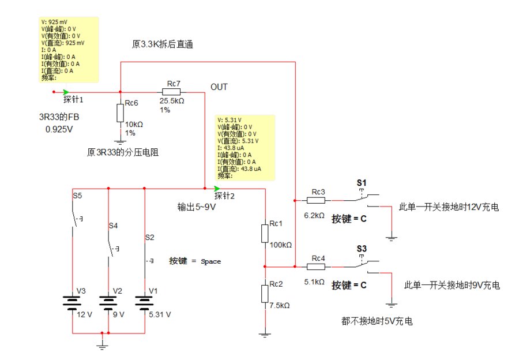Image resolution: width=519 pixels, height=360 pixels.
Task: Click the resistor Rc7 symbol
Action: point(171,92)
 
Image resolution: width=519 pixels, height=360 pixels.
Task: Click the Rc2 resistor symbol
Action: point(265,293)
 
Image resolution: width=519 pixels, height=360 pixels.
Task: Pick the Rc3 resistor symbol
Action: point(317,200)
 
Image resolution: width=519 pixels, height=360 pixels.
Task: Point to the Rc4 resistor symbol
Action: point(317,267)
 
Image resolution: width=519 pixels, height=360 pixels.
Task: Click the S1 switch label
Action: point(362,183)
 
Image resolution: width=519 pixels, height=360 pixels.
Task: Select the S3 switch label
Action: point(362,249)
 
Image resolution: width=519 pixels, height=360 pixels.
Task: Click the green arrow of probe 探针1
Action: point(67,92)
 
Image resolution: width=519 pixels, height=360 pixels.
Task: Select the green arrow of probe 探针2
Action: point(217,189)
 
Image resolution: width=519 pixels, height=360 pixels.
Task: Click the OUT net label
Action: point(219,87)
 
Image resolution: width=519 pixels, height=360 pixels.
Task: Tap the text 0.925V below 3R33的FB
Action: point(59,129)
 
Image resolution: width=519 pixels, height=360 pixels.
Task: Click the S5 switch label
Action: point(77,196)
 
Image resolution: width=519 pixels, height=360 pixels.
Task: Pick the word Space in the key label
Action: point(210,261)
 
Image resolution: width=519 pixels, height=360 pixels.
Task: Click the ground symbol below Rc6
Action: point(120,140)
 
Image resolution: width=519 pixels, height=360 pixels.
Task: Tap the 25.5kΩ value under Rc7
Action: point(172,101)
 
